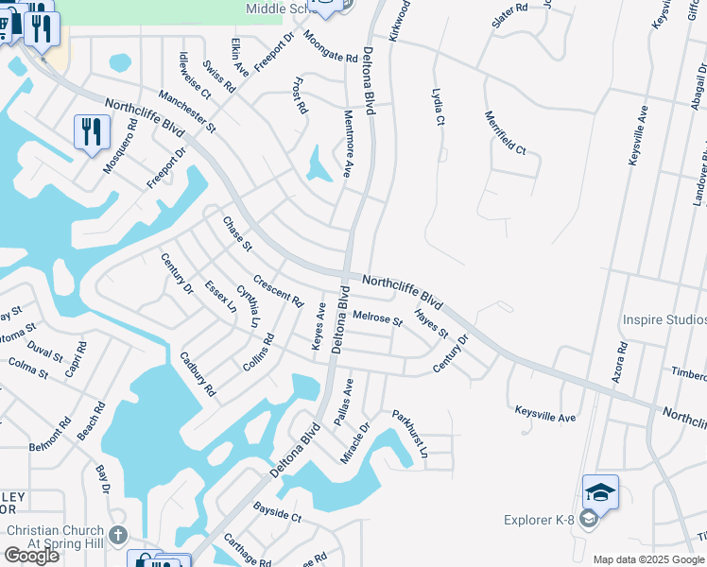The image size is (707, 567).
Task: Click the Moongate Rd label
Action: point(330,46)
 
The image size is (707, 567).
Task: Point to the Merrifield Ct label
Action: point(505,133)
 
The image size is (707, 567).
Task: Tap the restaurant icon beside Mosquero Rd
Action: point(91,131)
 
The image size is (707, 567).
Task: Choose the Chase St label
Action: point(237,233)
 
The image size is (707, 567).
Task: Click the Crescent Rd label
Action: point(278,292)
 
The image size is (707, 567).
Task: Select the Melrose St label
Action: point(377,319)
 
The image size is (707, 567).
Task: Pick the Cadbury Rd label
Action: point(198,373)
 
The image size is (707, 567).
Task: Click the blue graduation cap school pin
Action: point(600,492)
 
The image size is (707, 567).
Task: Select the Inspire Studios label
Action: point(664,320)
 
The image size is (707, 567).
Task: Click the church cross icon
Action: point(116,535)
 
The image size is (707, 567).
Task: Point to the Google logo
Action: point(31,556)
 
